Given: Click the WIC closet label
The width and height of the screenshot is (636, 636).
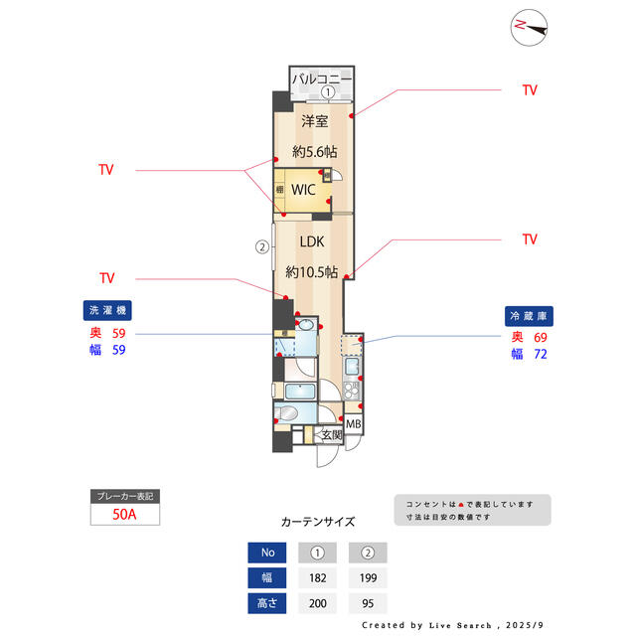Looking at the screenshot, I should coord(303,189).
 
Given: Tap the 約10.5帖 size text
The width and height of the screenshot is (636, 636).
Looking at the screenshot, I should coord(312,271).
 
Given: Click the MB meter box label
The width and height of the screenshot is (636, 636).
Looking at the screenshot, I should coord(354,426).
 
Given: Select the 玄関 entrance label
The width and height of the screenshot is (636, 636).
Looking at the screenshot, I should coord(331,434).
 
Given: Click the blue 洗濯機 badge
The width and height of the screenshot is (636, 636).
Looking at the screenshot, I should coord(108,310).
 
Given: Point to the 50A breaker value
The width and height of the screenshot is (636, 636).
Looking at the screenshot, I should coord(124,515).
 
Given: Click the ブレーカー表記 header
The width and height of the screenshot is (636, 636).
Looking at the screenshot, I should coord(124,495).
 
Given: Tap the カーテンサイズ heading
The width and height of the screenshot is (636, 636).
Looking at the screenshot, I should coord(318,521).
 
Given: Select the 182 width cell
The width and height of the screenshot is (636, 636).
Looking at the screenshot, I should coord(319,577).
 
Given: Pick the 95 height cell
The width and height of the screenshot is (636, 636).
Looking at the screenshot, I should coord(368,602).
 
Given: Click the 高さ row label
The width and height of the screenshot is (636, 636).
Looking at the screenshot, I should coord(266,602).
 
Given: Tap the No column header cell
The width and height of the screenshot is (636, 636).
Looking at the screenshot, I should coord(266,553).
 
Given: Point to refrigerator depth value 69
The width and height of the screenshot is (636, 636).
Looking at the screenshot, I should coord(541,338).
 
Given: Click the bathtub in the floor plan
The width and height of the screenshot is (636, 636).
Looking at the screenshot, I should coord(293,413).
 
